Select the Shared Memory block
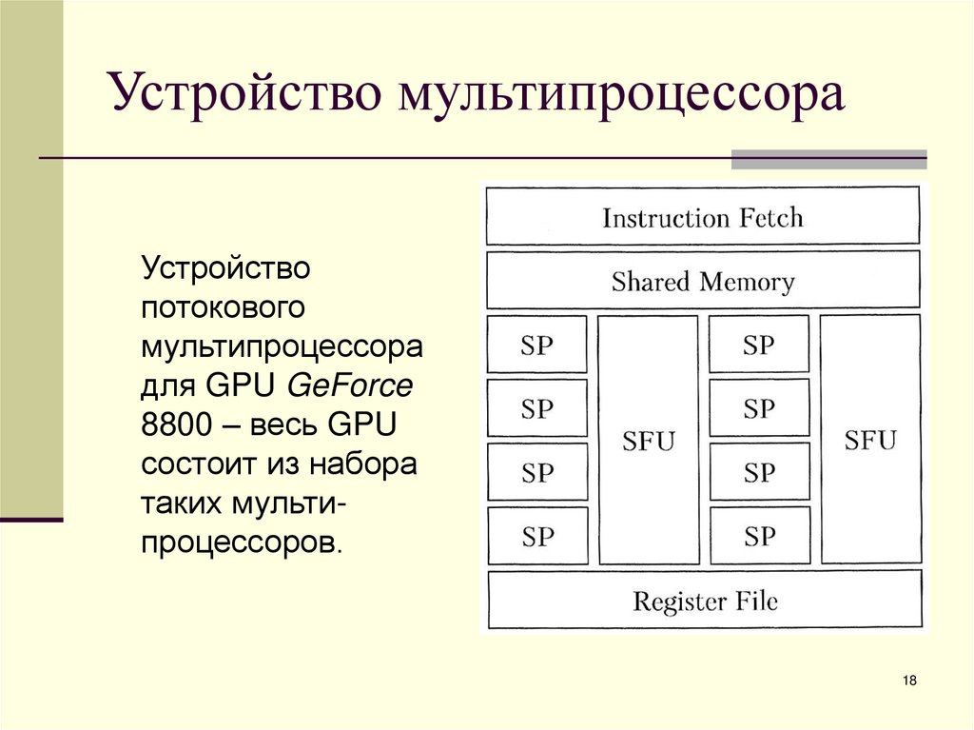703,281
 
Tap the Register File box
705,601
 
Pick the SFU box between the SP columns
648,440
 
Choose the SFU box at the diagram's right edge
870,440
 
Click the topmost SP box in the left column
537,345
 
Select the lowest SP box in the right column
759,537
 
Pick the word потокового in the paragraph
223,307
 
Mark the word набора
370,466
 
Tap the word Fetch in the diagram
769,217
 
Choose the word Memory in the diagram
746,282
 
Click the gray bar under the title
828,159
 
